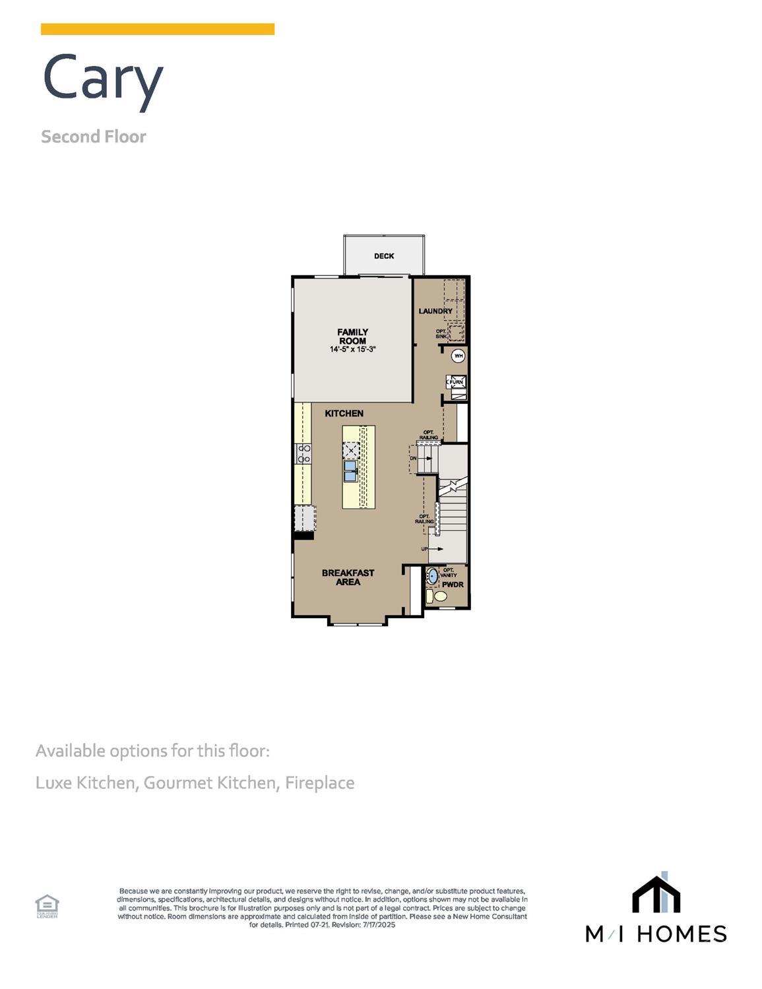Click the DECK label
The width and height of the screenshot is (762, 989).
[x=384, y=256]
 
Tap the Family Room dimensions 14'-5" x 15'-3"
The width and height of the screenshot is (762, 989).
[x=353, y=349]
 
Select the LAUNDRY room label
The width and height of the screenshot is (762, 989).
[x=435, y=311]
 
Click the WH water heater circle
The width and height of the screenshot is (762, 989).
[x=458, y=356]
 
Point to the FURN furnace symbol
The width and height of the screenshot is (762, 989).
[x=457, y=382]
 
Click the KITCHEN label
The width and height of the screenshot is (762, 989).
[x=344, y=414]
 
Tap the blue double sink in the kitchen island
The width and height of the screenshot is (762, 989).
[x=350, y=470]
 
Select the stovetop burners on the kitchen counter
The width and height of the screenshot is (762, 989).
[x=304, y=453]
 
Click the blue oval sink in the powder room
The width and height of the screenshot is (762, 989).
[x=432, y=576]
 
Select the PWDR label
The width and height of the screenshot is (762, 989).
[x=453, y=585]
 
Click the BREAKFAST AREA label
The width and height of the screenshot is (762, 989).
[x=348, y=577]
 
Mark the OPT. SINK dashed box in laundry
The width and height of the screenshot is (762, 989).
[x=456, y=332]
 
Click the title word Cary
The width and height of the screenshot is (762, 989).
[x=103, y=78]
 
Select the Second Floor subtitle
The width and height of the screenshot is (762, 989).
[x=94, y=137]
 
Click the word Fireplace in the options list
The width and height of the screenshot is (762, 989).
[x=319, y=783]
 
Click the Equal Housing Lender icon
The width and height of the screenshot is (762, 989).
[x=47, y=905]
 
